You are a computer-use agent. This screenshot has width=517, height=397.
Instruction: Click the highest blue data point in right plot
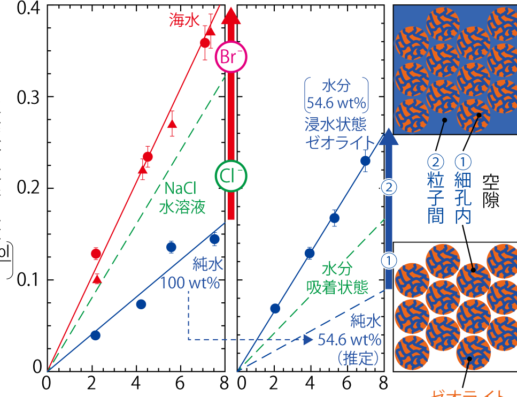[x=365, y=161]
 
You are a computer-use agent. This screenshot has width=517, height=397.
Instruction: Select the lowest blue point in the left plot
[x=95, y=335]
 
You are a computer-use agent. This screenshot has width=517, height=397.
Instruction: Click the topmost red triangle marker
[x=210, y=31]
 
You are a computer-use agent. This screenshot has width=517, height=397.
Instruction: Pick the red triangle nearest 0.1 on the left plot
[x=97, y=279]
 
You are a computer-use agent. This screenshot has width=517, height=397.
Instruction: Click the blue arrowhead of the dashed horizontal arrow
[x=307, y=339]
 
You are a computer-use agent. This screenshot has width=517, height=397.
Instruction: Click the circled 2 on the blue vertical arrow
[x=389, y=187]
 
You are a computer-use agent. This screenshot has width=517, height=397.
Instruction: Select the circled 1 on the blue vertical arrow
[x=389, y=260]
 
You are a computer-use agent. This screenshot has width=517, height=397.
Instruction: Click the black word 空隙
[x=490, y=190]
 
